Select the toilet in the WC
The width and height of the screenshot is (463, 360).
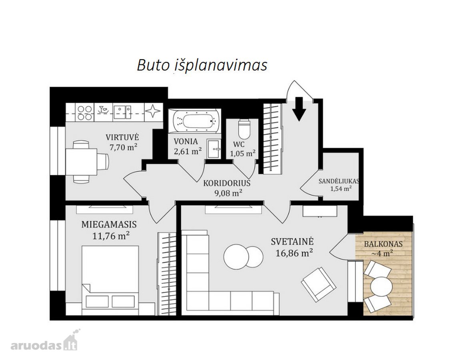coord(244,129)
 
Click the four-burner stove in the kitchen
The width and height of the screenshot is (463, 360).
coord(84,112)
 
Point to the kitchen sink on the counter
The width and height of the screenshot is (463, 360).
coord(123,112)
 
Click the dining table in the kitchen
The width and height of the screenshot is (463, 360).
coord(82,162)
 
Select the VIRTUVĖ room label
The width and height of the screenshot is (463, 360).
coord(122,137)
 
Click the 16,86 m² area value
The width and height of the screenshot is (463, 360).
coord(294,253)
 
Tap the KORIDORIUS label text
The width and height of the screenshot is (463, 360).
coord(227,183)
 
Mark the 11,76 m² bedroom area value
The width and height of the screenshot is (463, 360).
coord(111,236)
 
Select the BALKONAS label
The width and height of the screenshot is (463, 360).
coord(383,244)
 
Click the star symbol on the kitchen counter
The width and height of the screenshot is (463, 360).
coord(153,112)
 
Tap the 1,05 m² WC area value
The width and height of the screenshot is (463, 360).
coord(243,153)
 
